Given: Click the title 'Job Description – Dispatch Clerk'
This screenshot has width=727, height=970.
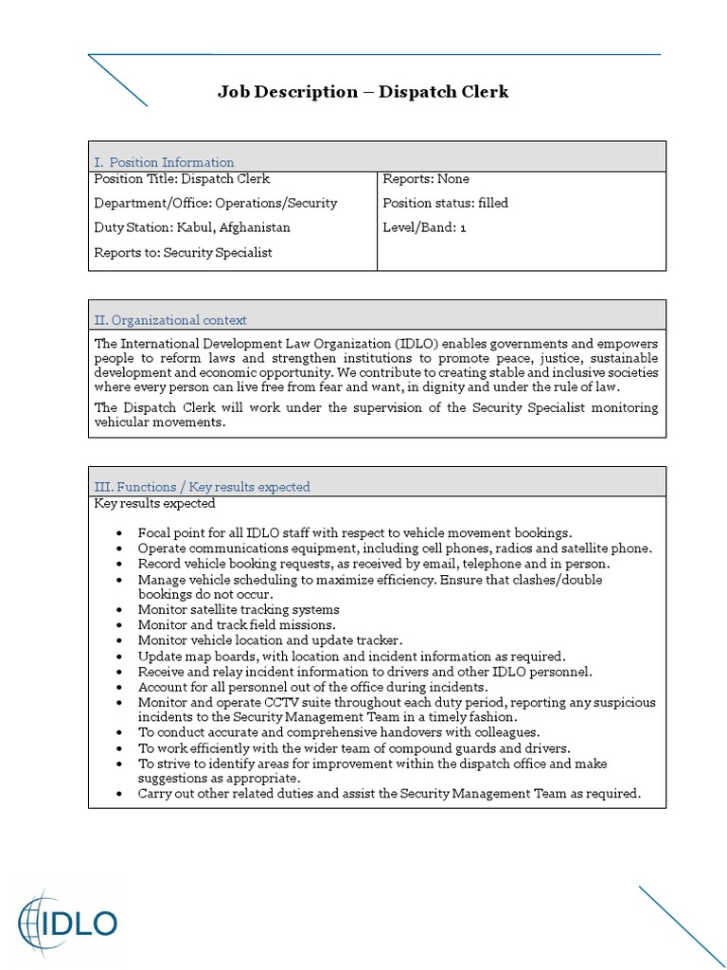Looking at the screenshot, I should pos(363,92).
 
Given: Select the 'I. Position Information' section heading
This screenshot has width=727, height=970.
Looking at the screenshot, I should pos(164,162).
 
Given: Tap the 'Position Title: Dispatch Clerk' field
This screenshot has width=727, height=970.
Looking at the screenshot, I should pos(182,178).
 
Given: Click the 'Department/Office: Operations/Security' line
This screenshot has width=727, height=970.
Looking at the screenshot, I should pos(216,203).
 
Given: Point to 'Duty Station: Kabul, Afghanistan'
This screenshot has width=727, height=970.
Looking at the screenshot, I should pos(192,227).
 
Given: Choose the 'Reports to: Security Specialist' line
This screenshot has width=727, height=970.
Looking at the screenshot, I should pos(184,252).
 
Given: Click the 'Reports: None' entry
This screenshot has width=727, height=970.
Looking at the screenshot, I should pos(425,178).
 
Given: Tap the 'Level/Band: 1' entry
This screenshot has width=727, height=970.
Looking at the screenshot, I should pos(424,227).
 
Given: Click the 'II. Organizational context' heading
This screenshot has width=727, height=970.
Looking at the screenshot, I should pos(170,320).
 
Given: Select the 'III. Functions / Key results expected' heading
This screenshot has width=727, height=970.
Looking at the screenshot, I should pos(202,487).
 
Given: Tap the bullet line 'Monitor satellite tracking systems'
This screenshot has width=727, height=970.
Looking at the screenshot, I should pos(238,609).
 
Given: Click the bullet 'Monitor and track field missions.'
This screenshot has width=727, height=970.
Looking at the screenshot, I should pos(236,625).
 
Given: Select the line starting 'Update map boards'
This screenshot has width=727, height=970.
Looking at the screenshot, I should pos(350,656).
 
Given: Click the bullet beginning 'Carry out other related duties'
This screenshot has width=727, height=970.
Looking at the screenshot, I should pos(388,793).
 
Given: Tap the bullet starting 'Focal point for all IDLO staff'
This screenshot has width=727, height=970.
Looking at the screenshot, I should pos(354,532).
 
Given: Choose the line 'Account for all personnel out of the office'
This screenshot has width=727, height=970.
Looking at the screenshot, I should pos(312,686).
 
